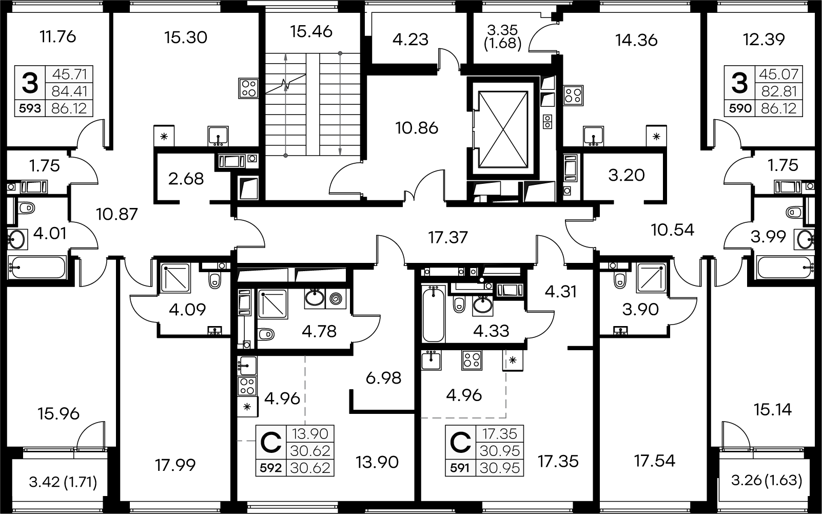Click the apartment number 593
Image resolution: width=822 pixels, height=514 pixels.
click(x=30, y=108)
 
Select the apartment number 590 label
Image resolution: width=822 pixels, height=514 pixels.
click(x=740, y=108)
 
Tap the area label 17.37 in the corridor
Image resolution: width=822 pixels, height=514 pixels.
click(x=448, y=237)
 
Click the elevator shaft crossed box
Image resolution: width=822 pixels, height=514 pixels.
click(x=503, y=129)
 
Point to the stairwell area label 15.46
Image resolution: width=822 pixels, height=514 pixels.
click(x=311, y=31)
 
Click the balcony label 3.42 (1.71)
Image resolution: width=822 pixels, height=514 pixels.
click(x=63, y=482)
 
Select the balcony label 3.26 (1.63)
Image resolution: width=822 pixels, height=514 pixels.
click(x=767, y=480)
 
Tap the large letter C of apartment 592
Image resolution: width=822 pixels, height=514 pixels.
click(x=271, y=443)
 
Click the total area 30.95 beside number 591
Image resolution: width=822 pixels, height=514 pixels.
click(x=500, y=468)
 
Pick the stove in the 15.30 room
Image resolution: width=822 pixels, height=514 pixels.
click(x=248, y=88)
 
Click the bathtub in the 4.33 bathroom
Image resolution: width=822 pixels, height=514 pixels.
click(x=434, y=314)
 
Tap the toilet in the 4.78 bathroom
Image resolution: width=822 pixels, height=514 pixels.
click(x=266, y=334)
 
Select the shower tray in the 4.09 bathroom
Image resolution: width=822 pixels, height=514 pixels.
click(x=175, y=278)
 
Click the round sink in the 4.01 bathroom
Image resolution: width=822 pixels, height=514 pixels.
click(x=16, y=240)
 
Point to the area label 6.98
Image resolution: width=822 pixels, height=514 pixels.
click(x=383, y=378)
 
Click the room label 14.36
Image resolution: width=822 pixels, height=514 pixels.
click(x=636, y=40)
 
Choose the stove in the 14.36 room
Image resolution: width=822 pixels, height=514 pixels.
click(x=573, y=96)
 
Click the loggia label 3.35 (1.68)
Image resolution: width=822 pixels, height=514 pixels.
click(x=502, y=37)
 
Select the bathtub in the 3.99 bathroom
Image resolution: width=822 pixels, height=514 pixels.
click(x=784, y=268)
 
